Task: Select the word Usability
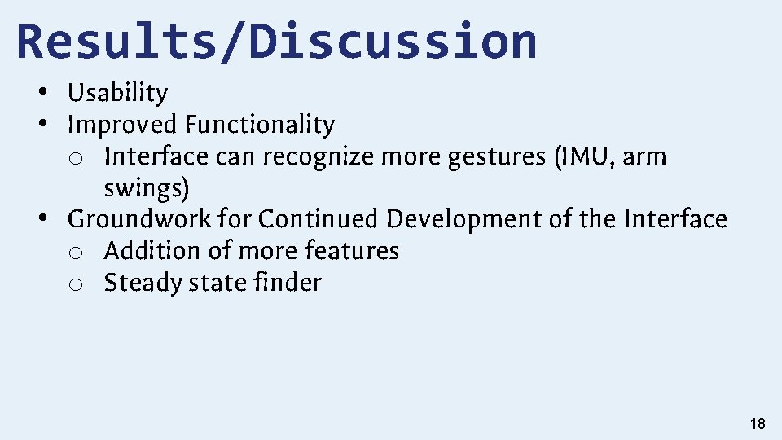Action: pos(117,93)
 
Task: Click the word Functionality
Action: pos(259,125)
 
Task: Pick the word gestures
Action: pos(496,156)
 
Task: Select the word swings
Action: pos(146,188)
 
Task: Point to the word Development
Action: pos(472,219)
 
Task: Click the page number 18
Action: pos(757,424)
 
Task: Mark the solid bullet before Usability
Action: pos(41,93)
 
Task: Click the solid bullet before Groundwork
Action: pos(41,219)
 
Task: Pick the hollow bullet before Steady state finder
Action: pos(75,284)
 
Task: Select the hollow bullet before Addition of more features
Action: pos(75,252)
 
